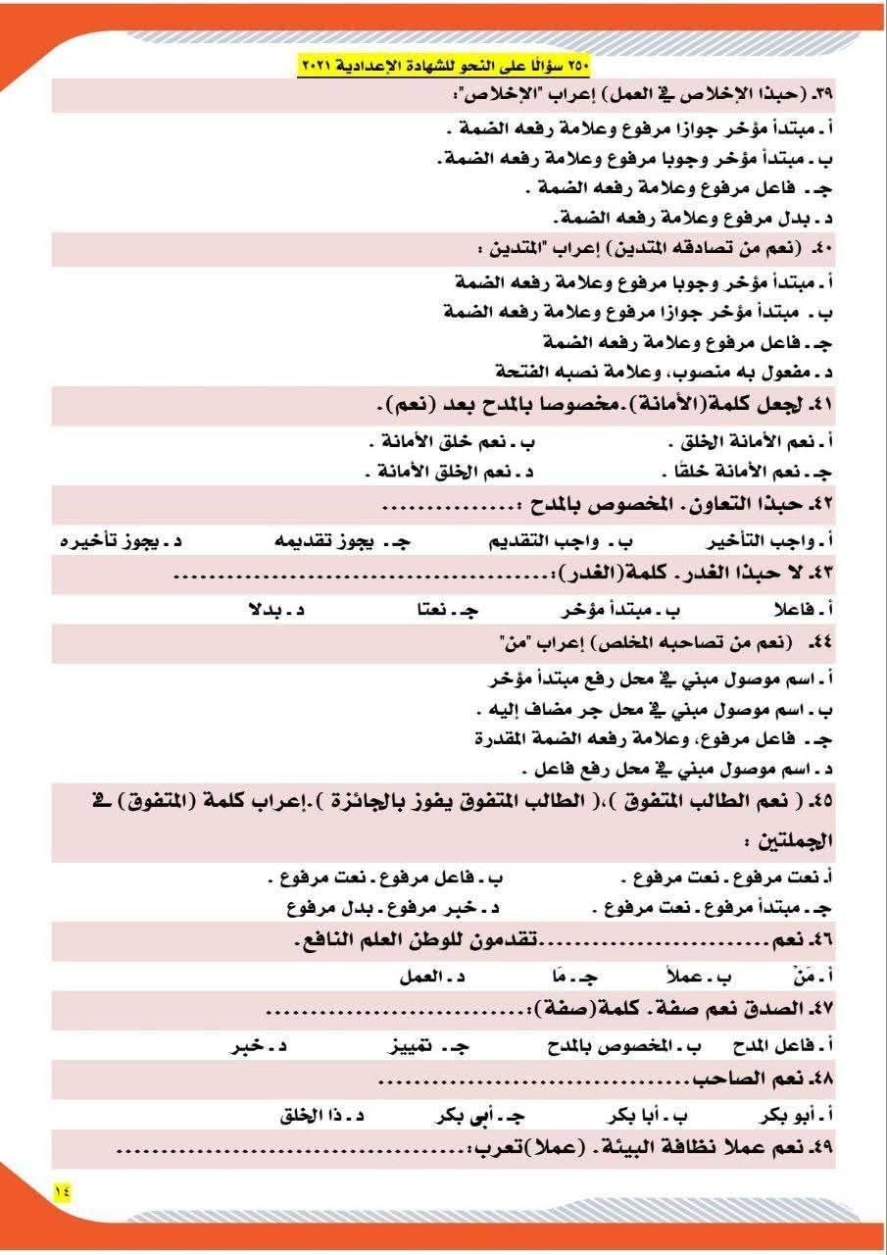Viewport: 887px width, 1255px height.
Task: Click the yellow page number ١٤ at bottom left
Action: click(x=63, y=1189)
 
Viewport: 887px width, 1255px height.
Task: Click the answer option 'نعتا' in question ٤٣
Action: click(x=441, y=610)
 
